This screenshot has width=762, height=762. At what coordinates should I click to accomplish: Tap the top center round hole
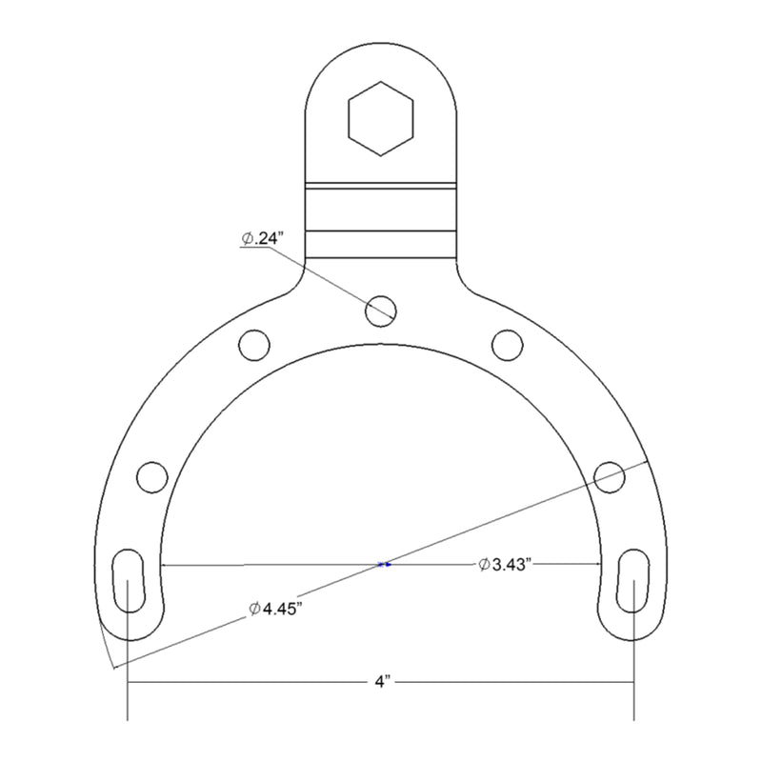coord(381,307)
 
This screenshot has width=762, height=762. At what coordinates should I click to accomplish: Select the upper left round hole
coord(254,344)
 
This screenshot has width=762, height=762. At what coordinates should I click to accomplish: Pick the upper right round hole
coord(507,344)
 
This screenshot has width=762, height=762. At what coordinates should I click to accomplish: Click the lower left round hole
coord(151,476)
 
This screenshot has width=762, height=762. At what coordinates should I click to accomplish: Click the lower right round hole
coord(611,476)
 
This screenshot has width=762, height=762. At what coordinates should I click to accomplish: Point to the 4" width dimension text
coord(381,683)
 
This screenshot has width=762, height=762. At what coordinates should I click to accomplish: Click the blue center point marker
coord(384,565)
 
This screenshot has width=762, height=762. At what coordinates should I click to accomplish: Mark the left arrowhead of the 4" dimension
coord(134,683)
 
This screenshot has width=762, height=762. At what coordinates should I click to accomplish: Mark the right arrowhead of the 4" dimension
coord(629,683)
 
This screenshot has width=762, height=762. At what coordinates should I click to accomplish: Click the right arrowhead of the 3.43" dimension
coord(595,565)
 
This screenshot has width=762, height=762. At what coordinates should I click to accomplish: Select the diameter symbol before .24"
coord(246,240)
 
